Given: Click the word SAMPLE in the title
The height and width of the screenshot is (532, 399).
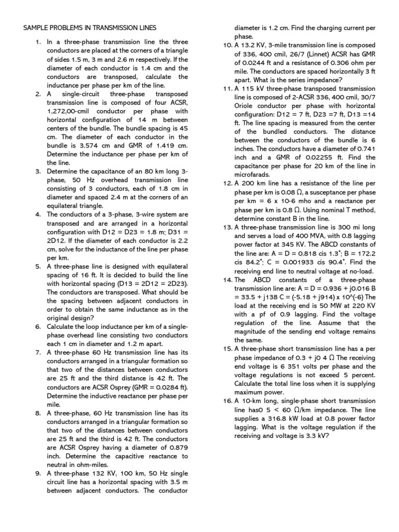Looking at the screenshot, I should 35,28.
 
